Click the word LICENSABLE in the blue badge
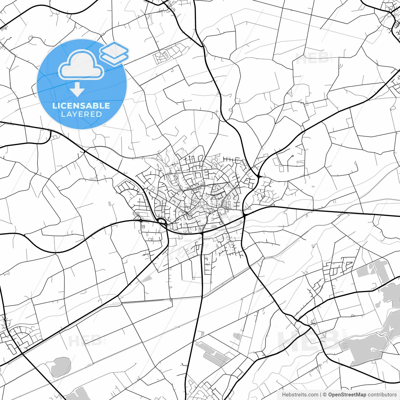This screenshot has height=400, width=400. (x=81, y=106)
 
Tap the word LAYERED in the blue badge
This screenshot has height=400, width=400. (x=81, y=114)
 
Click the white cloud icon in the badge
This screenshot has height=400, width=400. (x=81, y=65)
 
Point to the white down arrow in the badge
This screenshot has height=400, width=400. (x=77, y=90)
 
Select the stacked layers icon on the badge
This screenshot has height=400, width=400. (x=114, y=53)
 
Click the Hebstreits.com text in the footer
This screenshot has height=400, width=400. (x=300, y=395)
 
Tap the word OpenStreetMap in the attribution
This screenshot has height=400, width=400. (x=347, y=395)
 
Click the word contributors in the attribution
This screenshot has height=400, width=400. (x=382, y=395)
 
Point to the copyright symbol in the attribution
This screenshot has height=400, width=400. (x=325, y=395)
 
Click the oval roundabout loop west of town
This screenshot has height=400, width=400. (x=162, y=222)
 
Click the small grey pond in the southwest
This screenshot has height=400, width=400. (x=60, y=367)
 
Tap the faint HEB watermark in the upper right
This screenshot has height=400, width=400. (x=312, y=58)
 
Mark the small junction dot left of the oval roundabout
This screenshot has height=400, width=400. (x=141, y=221)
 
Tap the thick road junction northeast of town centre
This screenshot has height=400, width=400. (x=259, y=177)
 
